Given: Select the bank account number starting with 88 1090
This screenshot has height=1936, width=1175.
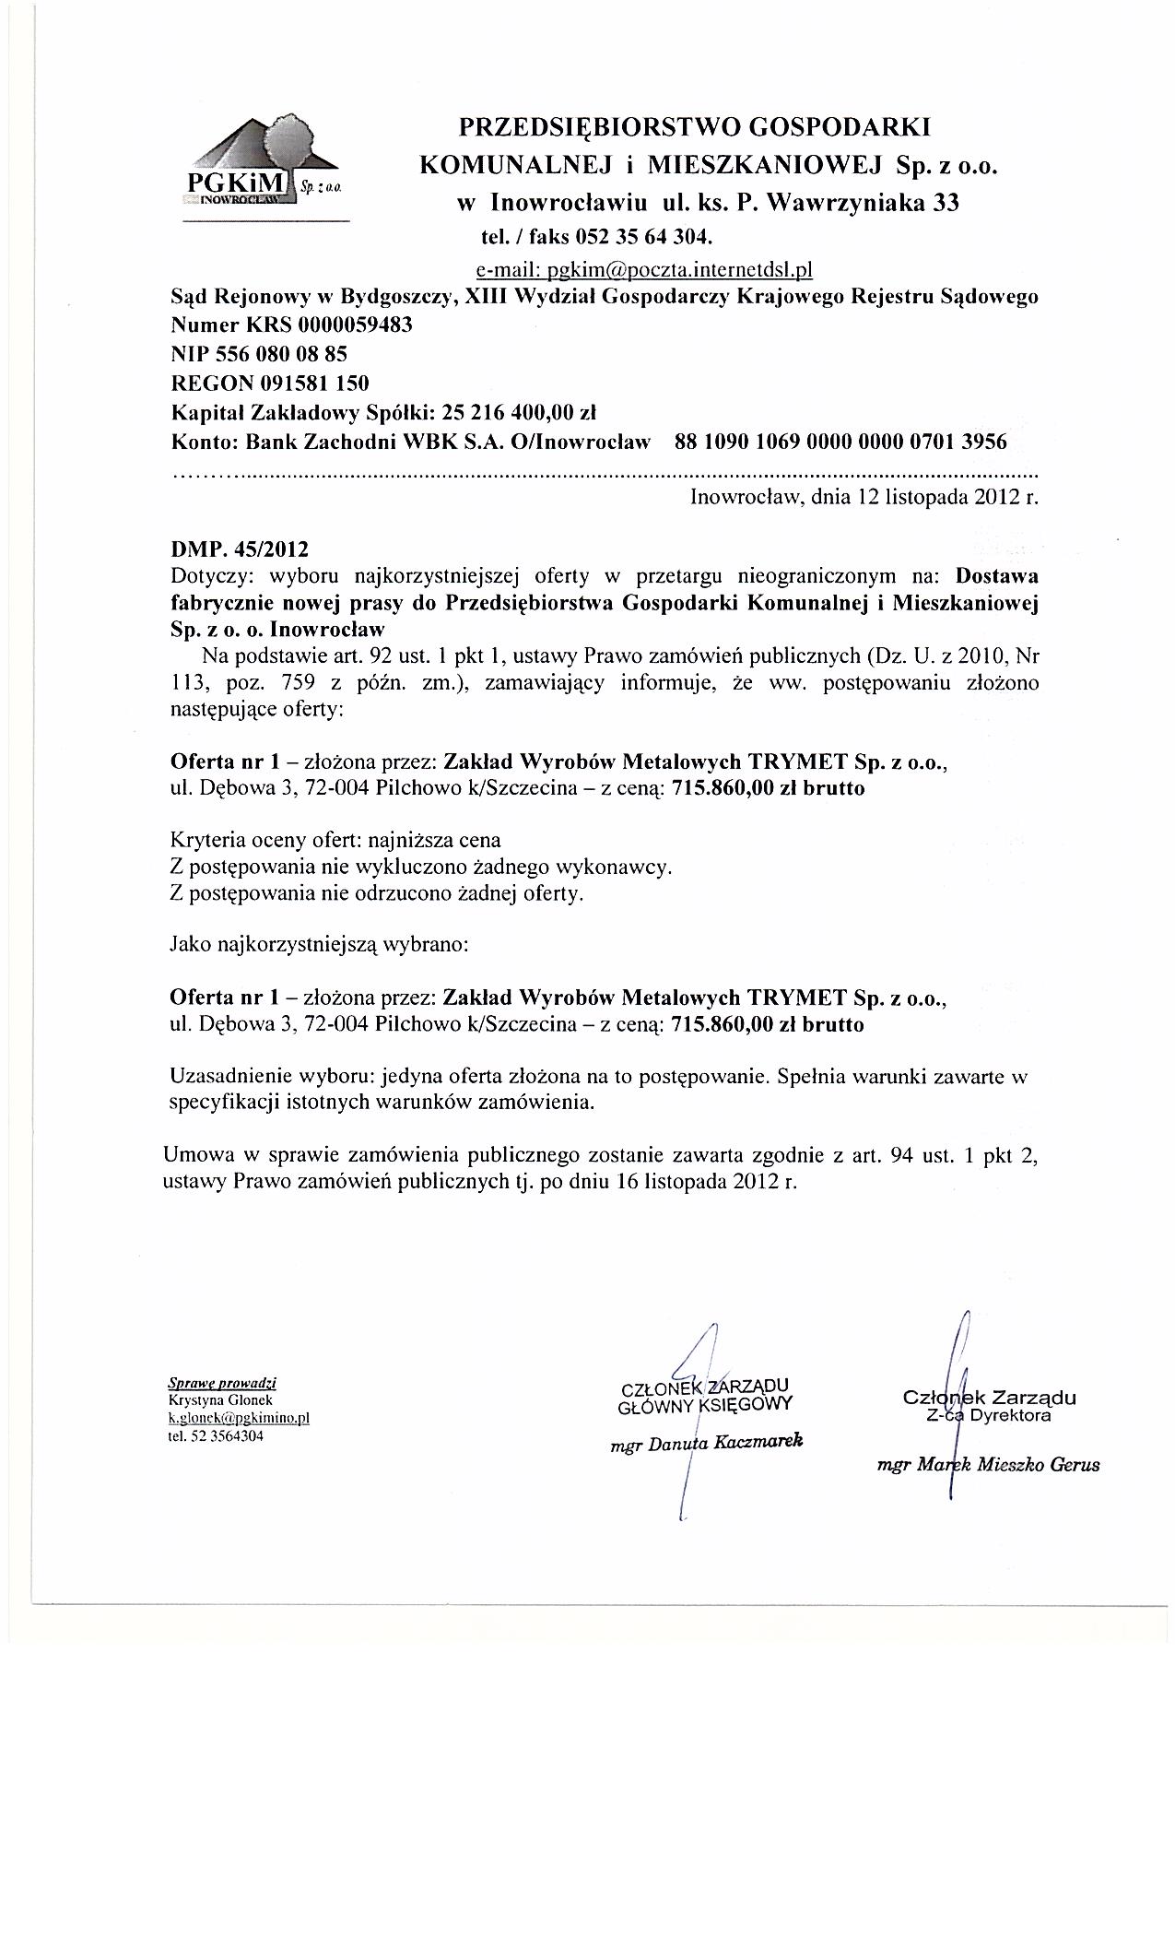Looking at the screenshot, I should [840, 441].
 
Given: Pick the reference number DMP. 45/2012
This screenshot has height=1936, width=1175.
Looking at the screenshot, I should [240, 549].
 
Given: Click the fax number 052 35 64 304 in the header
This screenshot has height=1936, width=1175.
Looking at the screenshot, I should [643, 237].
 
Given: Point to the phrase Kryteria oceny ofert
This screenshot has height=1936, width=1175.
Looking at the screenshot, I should [266, 841].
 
